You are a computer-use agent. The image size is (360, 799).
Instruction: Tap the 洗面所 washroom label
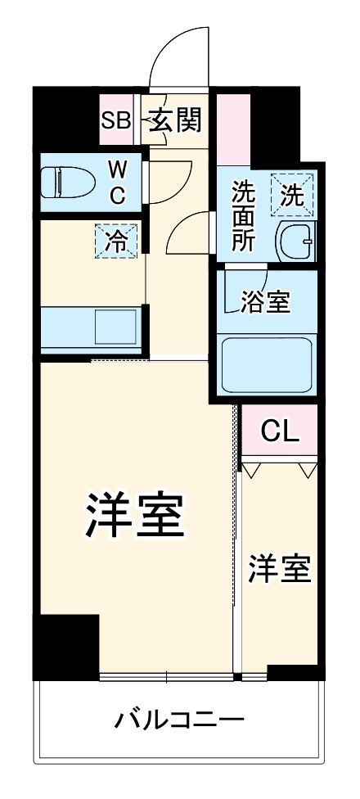coord(242,214)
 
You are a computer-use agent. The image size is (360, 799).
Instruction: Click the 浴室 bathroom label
coord(264,302)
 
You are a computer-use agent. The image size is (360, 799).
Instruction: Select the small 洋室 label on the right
coord(280,568)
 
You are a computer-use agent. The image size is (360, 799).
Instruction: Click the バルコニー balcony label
coord(179,721)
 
